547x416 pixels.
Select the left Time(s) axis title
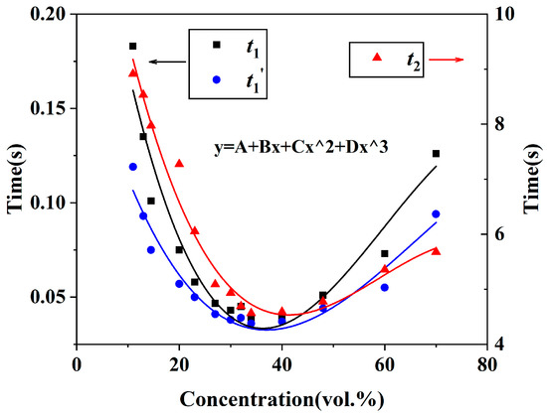(14, 179)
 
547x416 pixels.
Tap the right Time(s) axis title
(532, 179)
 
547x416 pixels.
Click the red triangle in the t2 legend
(377, 58)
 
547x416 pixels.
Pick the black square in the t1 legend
(216, 44)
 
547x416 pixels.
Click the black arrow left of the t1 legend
(165, 62)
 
